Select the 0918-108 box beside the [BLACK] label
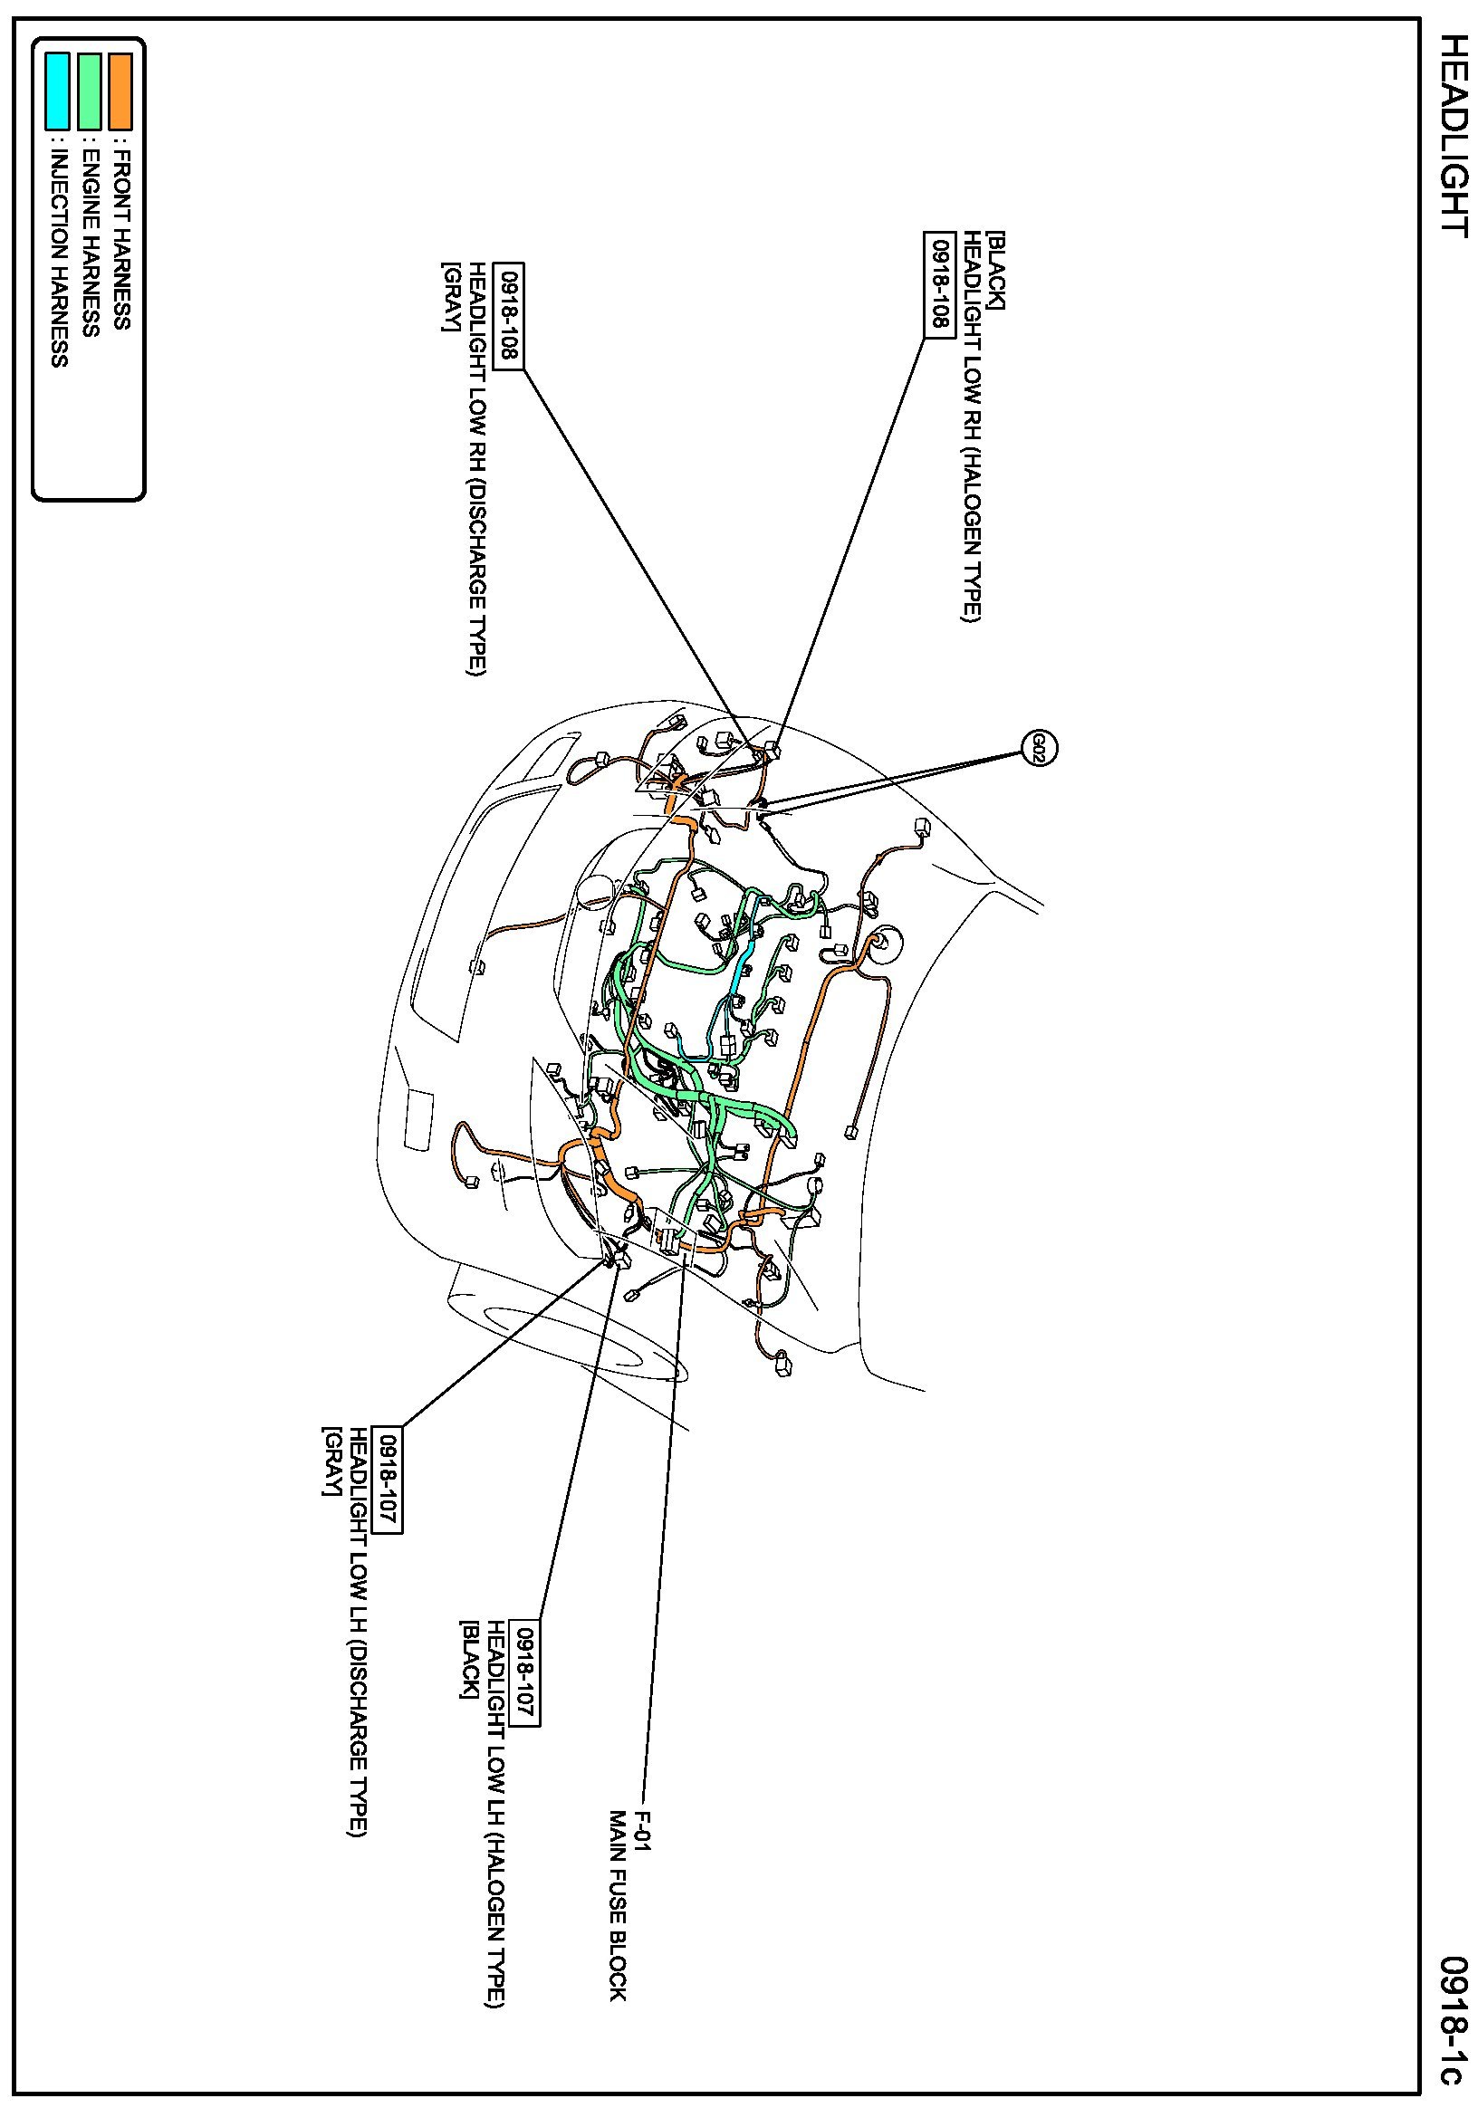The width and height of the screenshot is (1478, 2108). click(939, 283)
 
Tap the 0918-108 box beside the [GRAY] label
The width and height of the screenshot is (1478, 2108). click(509, 315)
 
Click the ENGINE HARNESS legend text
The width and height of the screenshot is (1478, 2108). click(90, 241)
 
